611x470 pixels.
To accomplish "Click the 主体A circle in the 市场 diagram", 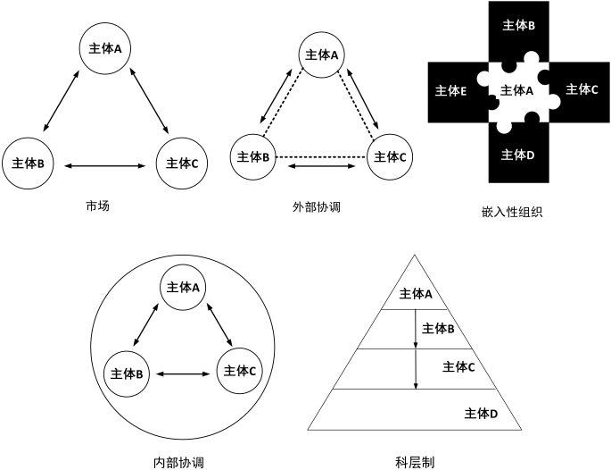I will pos(106,48).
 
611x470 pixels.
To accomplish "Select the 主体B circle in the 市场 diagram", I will pos(29,163).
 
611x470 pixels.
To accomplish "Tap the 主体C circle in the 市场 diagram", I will pos(184,163).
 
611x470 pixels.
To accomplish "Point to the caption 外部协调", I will pos(318,206).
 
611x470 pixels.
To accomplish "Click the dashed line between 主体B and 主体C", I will pos(321,157).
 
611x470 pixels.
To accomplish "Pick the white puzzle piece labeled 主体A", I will pos(517,91).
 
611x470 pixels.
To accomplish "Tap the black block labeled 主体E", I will pos(450,91).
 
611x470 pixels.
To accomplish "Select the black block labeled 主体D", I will pos(518,155).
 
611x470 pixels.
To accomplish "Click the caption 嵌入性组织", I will pos(511,213).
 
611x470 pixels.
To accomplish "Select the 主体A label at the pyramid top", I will pos(416,294).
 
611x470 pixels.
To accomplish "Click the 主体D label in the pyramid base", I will pos(481,413).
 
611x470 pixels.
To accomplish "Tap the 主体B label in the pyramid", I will pos(438,329).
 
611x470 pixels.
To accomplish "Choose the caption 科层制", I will pos(415,462).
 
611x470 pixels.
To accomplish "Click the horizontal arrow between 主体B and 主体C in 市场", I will pos(106,164).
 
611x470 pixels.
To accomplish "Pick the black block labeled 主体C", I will pos(582,89).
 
